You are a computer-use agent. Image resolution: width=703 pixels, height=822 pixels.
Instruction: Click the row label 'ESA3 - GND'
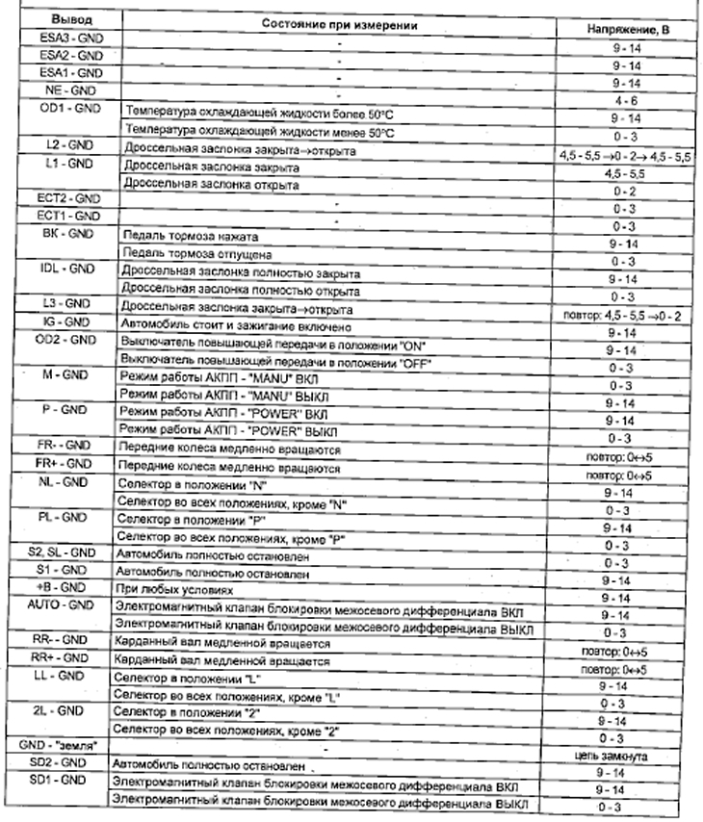coord(65,38)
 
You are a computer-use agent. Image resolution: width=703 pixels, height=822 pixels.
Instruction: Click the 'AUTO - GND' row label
coord(63,604)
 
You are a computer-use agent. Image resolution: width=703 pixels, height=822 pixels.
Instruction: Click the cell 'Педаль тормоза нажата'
coord(188,236)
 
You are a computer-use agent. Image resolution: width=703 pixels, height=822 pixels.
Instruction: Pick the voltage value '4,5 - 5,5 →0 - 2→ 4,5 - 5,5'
coord(620,154)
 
